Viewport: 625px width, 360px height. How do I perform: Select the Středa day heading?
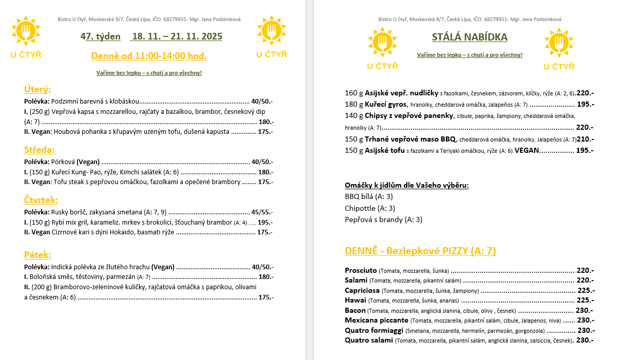pos(39,150)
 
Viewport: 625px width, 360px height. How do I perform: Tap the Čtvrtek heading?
pos(41,199)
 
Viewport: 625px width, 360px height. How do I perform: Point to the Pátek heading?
pos(37,255)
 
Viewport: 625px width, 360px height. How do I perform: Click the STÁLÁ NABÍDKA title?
pos(470,37)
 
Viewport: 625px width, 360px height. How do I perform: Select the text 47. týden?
pos(101,36)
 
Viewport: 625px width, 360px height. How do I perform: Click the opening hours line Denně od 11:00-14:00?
pos(149,55)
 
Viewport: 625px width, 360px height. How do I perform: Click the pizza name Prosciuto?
pos(361,270)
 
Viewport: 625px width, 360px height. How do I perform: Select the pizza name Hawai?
pos(355,300)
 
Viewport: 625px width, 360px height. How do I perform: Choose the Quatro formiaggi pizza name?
pos(374,330)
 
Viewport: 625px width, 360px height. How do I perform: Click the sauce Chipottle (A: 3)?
pos(370,208)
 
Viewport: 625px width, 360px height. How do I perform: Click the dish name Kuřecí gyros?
pos(386,104)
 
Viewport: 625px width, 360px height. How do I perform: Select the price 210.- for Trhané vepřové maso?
pos(585,139)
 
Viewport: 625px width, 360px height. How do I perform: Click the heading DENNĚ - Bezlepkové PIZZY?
pos(420,251)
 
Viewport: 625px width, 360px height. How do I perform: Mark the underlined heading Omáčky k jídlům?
pos(406,185)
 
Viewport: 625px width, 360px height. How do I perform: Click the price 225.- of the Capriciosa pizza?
pos(585,290)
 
